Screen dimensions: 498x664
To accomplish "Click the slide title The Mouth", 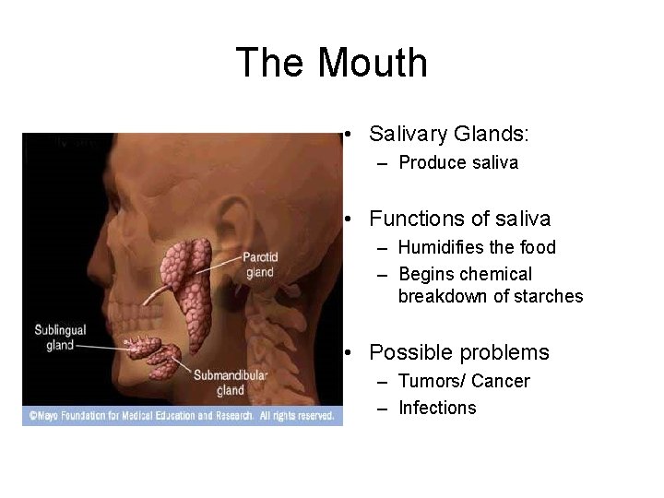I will coord(332,64).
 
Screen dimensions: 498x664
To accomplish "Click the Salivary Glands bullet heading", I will coord(449,135).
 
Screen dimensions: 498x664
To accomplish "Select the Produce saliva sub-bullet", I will coord(458,163).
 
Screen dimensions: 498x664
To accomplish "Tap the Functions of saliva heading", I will coord(459,219).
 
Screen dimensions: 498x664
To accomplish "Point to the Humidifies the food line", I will coord(477,247).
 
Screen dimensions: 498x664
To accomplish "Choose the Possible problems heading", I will coord(458,352).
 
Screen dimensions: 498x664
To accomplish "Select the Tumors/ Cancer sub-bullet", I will coord(464,381).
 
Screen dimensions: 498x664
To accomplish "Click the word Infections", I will coord(437,408).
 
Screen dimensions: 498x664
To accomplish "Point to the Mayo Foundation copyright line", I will coord(181,417).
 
